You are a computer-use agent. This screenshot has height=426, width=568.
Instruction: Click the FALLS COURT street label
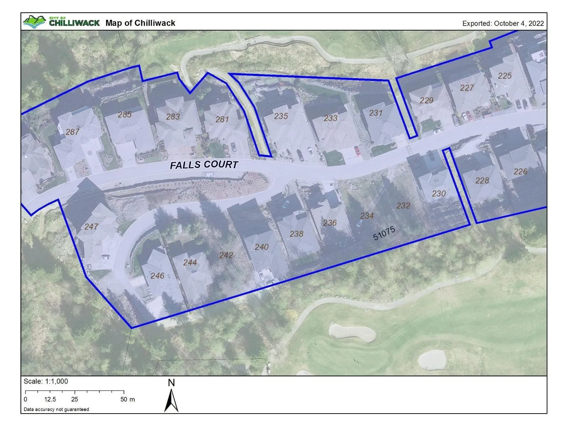click(204, 165)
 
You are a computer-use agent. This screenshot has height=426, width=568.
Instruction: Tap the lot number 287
click(72, 132)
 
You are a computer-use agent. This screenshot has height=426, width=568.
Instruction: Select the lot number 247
click(91, 226)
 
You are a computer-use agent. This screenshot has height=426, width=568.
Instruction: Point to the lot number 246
click(157, 276)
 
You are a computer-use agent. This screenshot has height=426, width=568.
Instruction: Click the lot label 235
click(281, 116)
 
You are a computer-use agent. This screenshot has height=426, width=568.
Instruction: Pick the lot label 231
click(376, 113)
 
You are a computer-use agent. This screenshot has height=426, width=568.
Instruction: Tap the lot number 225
click(504, 76)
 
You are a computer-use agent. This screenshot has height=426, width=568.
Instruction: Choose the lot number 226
click(520, 171)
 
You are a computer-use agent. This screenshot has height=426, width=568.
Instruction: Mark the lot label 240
click(262, 247)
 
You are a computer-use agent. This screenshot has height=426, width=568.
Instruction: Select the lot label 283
click(173, 116)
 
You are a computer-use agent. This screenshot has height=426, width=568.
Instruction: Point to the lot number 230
click(439, 193)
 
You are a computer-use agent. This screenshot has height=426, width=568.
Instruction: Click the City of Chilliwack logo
click(61, 22)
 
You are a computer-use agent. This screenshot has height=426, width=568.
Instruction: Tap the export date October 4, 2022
click(503, 23)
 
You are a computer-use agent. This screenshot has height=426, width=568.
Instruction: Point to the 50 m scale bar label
click(127, 399)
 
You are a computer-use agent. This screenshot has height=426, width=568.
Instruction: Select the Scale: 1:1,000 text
click(46, 381)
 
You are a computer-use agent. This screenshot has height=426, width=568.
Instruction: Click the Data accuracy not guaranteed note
click(56, 409)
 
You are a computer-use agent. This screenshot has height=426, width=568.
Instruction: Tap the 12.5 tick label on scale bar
click(50, 399)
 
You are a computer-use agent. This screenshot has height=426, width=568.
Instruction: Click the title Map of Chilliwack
click(140, 23)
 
